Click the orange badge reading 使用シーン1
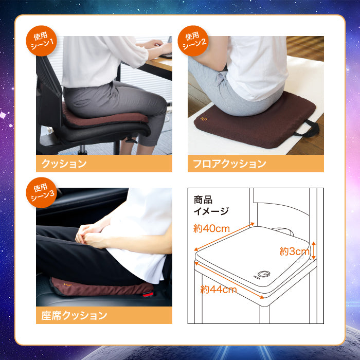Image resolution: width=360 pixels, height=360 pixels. [41, 41]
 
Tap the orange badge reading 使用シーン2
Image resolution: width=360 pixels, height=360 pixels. [193, 41]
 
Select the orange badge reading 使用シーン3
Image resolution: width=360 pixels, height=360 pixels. [41, 192]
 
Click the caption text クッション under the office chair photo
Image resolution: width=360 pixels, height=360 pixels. [64, 164]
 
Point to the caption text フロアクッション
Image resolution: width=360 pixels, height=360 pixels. [229, 164]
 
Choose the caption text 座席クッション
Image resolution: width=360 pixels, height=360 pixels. [74, 315]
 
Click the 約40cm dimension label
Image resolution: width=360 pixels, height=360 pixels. [211, 228]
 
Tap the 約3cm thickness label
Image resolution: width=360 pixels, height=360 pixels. [294, 251]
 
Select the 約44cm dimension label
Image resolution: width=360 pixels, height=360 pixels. [219, 289]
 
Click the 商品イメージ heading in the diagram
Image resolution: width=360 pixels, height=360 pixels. [211, 206]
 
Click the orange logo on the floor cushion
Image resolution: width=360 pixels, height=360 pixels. [204, 119]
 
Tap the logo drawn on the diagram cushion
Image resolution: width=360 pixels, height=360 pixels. [262, 275]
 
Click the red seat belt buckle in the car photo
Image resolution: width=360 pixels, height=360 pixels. [148, 294]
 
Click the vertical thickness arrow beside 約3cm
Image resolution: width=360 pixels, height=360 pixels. [314, 250]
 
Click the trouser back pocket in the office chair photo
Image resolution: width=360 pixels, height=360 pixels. [82, 103]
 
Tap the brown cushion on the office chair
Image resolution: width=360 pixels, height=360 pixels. [104, 118]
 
